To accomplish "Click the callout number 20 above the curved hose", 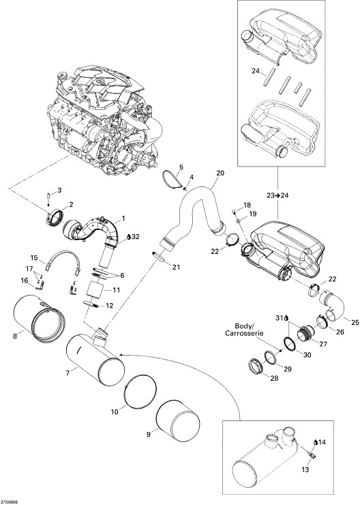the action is pos(220,173).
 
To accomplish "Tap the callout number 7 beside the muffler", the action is pos(67,373).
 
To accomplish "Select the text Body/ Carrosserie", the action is pos(245,329).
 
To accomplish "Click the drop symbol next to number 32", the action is pos(129,237).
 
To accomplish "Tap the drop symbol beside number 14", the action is pos(316,442).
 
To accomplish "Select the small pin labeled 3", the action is pos(48,195).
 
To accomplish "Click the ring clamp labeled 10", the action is pos(140,391).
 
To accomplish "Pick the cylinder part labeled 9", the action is pos(178,419).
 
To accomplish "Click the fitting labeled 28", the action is pos(256,366).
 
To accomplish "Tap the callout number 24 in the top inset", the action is pos(256,71).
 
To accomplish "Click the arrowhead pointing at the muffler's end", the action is pos(121,356).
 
